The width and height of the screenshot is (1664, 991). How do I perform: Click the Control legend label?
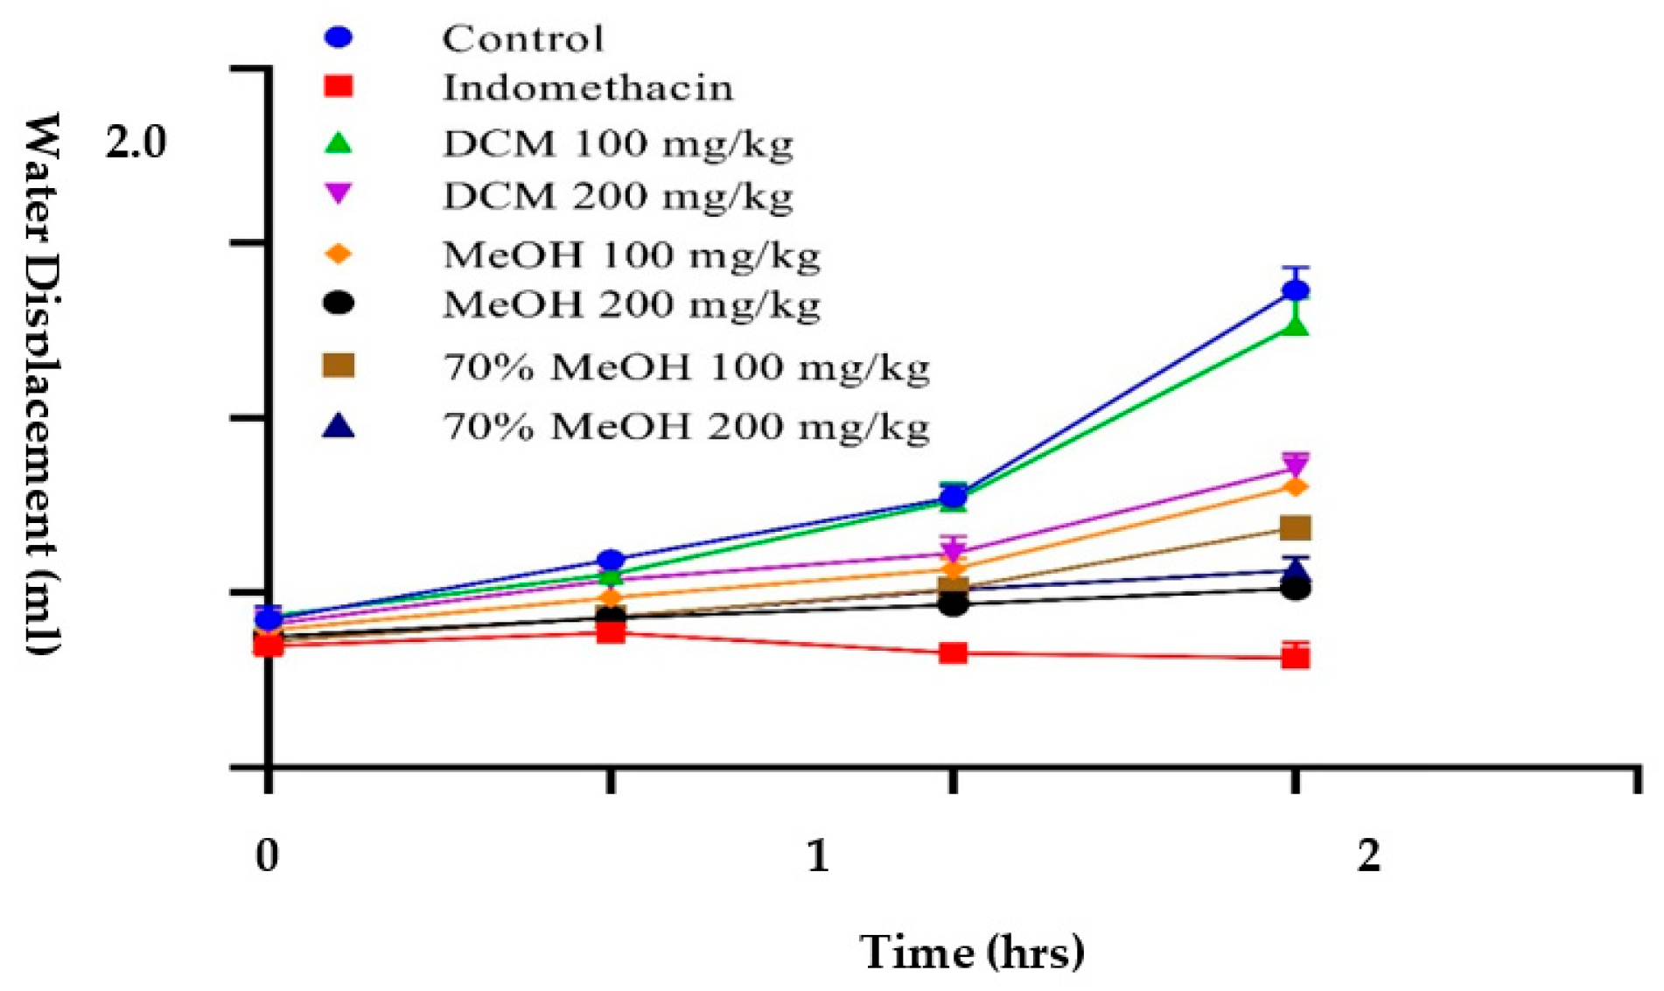click(522, 38)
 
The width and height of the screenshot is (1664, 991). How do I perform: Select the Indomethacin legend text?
click(587, 87)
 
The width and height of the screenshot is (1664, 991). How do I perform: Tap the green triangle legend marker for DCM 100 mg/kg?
click(338, 143)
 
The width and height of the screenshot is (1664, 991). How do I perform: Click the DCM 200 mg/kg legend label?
click(618, 196)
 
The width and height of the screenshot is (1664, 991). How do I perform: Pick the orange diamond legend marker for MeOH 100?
click(338, 254)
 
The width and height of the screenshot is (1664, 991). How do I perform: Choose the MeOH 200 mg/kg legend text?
click(632, 304)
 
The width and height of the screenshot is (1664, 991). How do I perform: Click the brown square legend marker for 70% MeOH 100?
click(338, 366)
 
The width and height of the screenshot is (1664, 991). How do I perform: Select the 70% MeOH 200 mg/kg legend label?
click(686, 427)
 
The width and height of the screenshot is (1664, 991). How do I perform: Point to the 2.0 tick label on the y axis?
click(136, 143)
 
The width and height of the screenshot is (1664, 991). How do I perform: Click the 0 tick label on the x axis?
click(267, 855)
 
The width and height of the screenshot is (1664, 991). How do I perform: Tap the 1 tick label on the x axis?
click(817, 855)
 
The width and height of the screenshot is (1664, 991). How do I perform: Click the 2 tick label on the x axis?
click(1368, 855)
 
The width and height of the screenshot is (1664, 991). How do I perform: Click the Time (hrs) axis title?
click(972, 952)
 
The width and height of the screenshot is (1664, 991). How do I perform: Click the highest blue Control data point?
click(1296, 290)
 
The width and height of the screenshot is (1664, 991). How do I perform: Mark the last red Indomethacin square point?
click(1296, 658)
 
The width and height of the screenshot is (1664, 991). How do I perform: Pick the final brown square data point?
click(1296, 527)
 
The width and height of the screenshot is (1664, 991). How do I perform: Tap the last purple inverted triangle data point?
click(1296, 464)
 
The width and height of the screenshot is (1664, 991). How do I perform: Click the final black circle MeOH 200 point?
click(1296, 589)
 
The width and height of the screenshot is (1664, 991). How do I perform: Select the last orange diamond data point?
click(1296, 486)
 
